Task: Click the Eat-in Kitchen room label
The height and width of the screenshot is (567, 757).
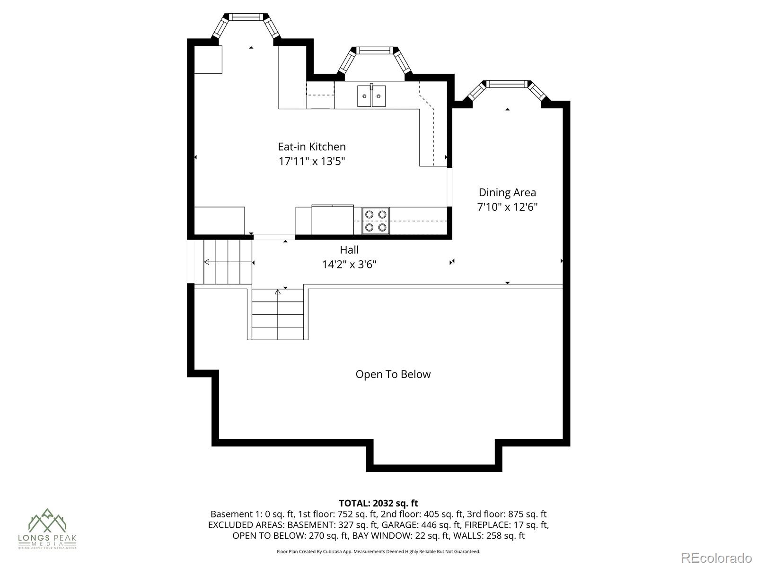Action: tap(311, 146)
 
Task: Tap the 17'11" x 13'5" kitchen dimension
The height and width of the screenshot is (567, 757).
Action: tap(311, 161)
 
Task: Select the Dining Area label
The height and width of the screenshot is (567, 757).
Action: tap(507, 192)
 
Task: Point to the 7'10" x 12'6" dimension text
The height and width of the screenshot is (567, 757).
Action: tap(507, 207)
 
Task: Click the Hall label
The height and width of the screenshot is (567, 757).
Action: tap(349, 249)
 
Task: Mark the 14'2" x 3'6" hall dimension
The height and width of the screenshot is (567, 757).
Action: tap(349, 264)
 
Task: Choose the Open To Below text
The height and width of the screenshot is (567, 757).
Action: tap(393, 374)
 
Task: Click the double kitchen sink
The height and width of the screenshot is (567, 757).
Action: tap(371, 96)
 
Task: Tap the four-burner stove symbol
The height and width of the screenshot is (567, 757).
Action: tap(376, 221)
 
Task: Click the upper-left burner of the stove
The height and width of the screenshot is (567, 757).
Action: tap(370, 215)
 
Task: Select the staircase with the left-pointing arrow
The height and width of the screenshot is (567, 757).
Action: tap(228, 262)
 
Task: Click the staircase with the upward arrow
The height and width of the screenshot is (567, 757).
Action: tap(278, 314)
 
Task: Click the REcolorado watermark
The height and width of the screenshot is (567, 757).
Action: tap(716, 558)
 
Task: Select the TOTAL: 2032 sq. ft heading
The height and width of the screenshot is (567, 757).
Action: tap(378, 503)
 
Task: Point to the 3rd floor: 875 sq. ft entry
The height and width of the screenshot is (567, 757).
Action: tap(507, 514)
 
